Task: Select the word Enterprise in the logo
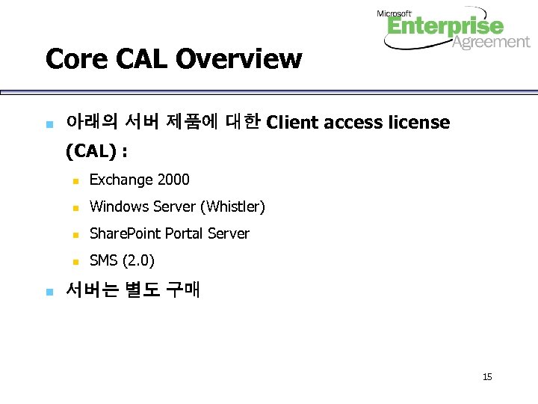pyautogui.click(x=445, y=28)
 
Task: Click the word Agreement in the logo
pyautogui.click(x=491, y=43)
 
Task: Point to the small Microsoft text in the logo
pyautogui.click(x=394, y=13)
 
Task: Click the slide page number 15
pyautogui.click(x=487, y=376)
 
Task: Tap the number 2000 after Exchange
pyautogui.click(x=174, y=180)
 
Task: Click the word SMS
pyautogui.click(x=104, y=260)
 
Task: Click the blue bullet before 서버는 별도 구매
pyautogui.click(x=49, y=290)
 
